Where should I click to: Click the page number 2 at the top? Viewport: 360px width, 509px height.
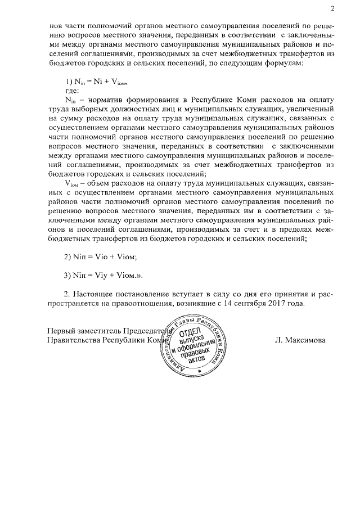click(x=332, y=8)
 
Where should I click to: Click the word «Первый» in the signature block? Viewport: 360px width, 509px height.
click(x=62, y=330)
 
